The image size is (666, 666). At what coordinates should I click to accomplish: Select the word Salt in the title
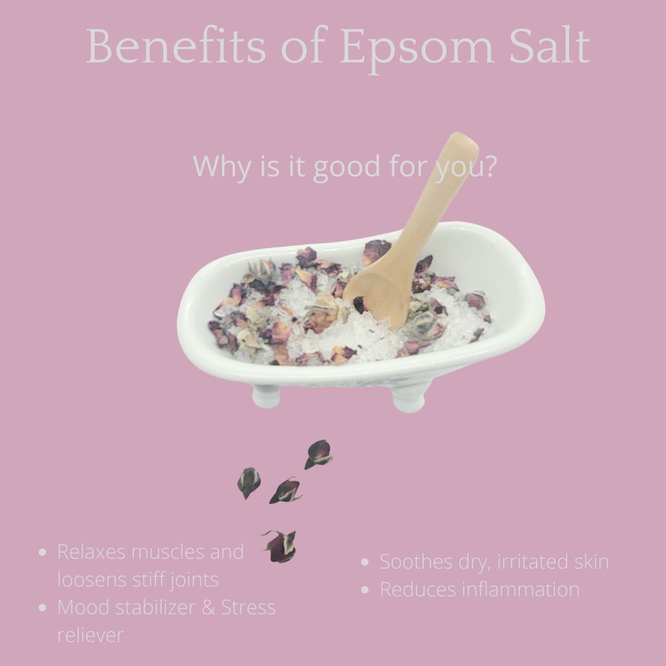click(x=549, y=45)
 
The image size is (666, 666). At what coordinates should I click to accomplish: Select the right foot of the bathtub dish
click(x=409, y=398)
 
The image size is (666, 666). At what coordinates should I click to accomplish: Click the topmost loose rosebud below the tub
click(x=318, y=454)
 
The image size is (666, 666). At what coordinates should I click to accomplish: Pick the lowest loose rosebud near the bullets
click(x=281, y=546)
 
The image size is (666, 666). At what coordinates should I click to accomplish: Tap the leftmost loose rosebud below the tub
click(x=249, y=482)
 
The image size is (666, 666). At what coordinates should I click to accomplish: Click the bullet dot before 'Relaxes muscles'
click(x=42, y=552)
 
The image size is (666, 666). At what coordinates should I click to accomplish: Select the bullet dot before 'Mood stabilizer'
click(x=42, y=608)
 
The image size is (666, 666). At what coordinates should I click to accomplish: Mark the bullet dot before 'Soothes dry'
click(x=364, y=562)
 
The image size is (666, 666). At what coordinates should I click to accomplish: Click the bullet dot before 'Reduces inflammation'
click(x=364, y=590)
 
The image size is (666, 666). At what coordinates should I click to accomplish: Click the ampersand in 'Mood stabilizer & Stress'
click(x=208, y=607)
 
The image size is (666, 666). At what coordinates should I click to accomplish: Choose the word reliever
click(x=91, y=635)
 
